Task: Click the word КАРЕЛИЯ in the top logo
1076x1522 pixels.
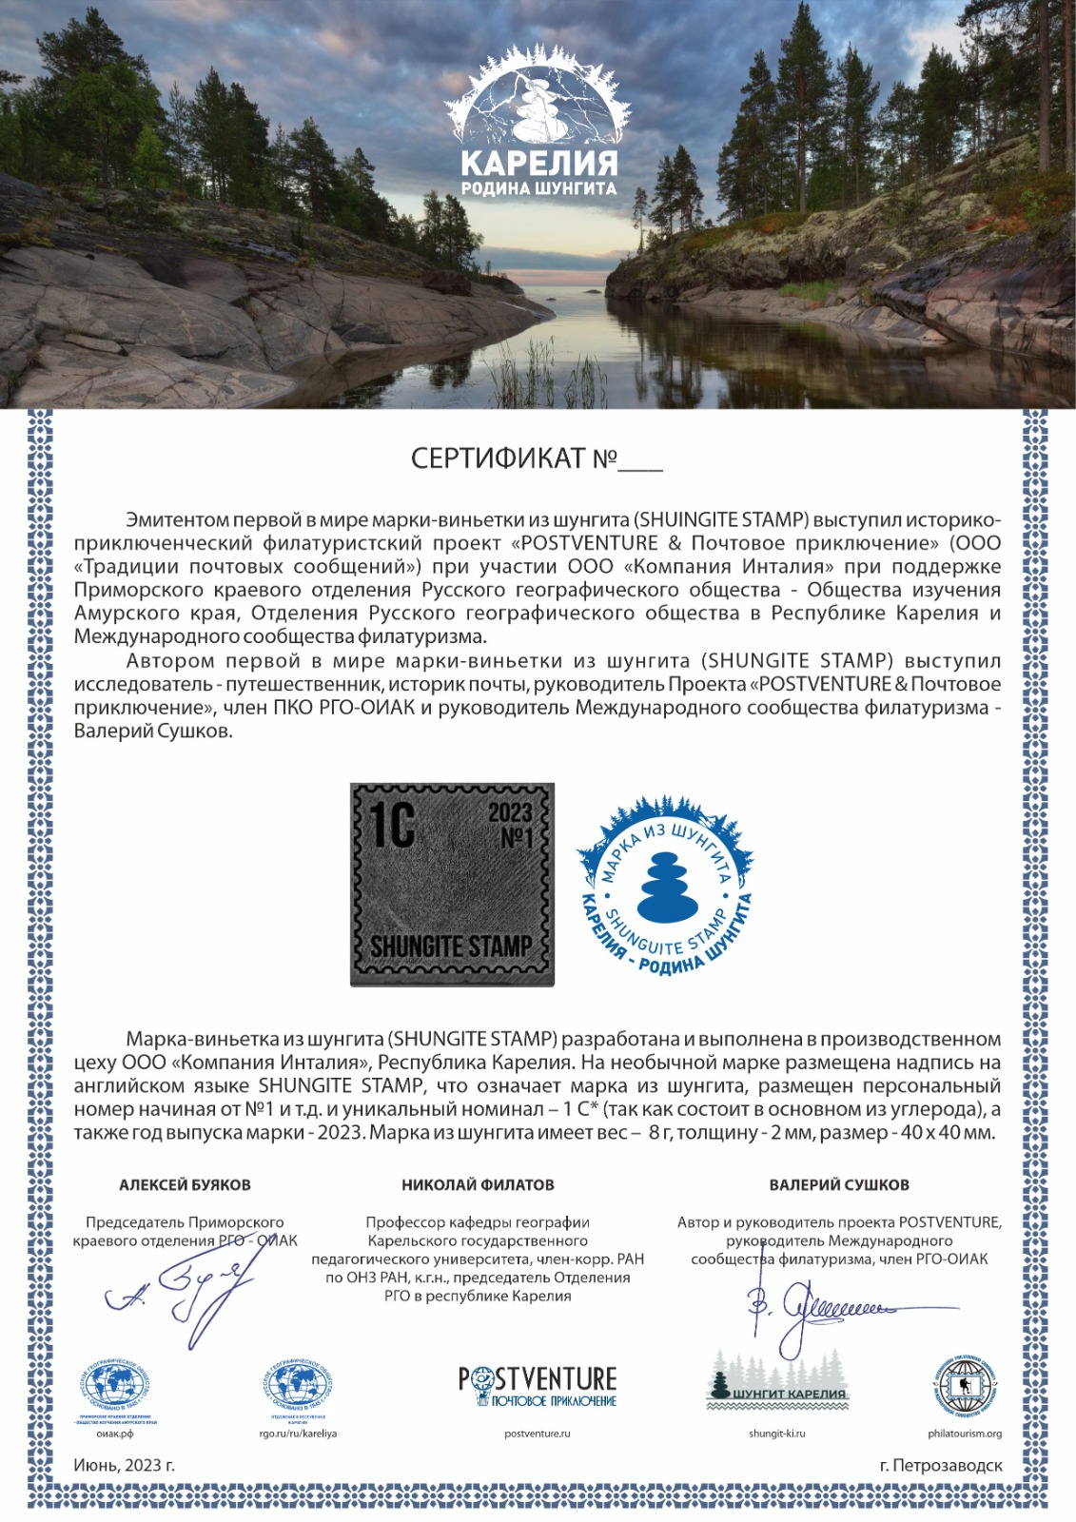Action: pos(538,160)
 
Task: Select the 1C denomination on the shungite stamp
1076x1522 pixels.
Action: pos(390,823)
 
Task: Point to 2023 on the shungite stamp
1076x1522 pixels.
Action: pos(510,813)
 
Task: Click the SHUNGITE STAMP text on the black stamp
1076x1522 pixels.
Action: pos(450,946)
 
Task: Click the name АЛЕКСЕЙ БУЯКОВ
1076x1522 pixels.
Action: pos(185,1185)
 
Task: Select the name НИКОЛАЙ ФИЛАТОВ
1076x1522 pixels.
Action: pos(478,1185)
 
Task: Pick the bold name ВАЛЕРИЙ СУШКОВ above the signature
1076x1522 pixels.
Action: pos(839,1185)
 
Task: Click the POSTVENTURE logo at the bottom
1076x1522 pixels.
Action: pos(538,1386)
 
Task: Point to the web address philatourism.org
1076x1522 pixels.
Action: pos(965,1434)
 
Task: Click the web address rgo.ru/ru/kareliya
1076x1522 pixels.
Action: pos(299,1434)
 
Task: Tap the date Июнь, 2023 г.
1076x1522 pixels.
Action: pos(124,1466)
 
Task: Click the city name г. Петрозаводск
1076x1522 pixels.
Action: pos(941,1466)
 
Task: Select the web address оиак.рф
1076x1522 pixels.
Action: pos(114,1434)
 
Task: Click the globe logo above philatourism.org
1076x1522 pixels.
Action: pos(965,1385)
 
